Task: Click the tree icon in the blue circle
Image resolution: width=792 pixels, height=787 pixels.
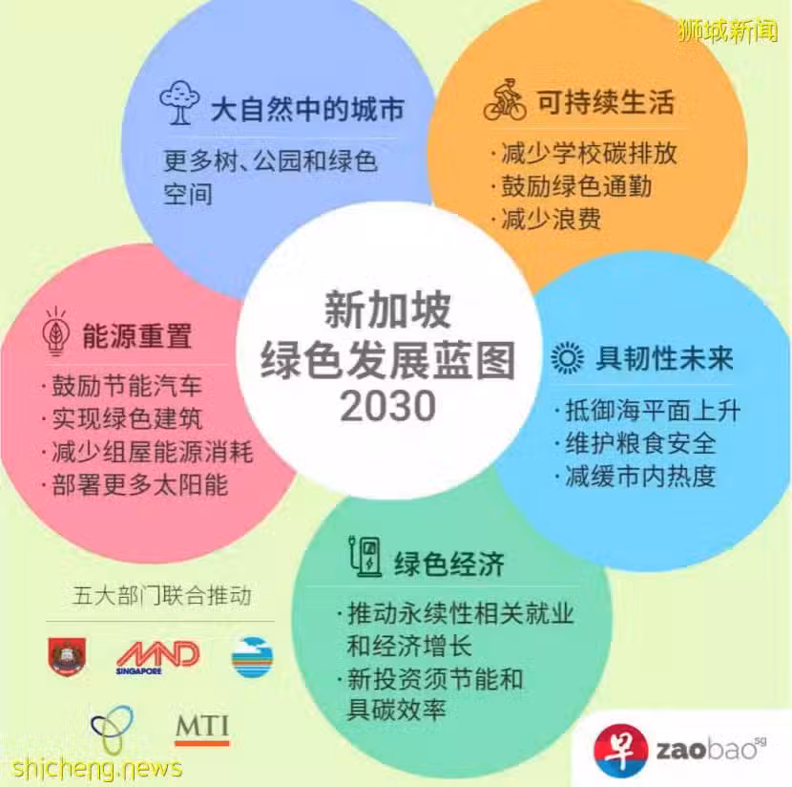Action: [179, 102]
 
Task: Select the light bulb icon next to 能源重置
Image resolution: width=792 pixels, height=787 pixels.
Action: [56, 331]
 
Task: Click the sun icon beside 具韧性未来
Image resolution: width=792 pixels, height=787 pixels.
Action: [567, 358]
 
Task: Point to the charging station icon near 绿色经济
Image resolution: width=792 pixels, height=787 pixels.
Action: [365, 557]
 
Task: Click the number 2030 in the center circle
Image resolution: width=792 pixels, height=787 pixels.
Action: [387, 406]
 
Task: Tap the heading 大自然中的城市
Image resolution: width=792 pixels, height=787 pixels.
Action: [307, 109]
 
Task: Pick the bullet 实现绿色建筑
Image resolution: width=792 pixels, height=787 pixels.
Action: [127, 419]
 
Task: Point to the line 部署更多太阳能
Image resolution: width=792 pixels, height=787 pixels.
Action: [140, 485]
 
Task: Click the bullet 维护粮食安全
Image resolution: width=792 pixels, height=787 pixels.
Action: [640, 443]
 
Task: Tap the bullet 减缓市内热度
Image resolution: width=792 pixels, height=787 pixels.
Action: [640, 477]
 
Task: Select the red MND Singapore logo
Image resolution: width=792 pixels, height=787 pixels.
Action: [158, 657]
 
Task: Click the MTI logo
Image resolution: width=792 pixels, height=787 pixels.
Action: [202, 730]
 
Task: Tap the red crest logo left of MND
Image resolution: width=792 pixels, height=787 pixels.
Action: [67, 656]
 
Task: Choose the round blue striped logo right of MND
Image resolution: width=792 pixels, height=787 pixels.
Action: [252, 657]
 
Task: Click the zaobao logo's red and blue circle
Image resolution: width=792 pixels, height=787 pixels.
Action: [621, 751]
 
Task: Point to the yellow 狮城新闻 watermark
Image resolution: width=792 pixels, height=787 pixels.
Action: [728, 30]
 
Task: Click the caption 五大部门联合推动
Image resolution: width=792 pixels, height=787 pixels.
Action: [162, 595]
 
